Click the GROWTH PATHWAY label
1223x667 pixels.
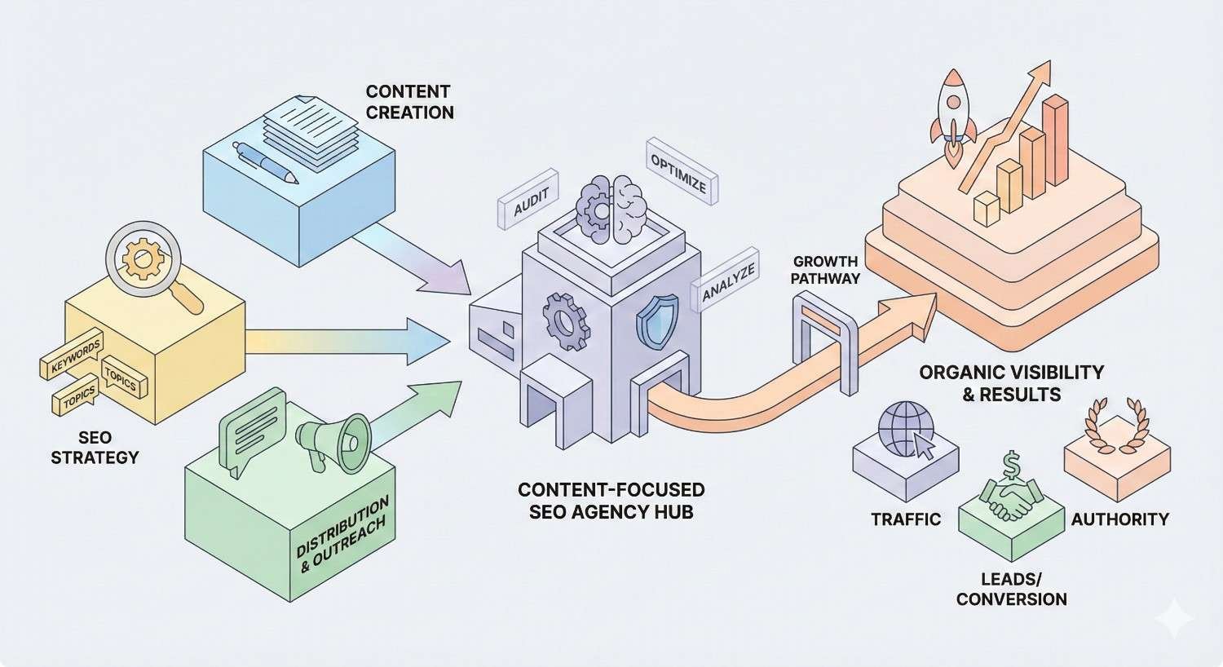pyautogui.click(x=826, y=269)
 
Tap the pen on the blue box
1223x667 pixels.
pyautogui.click(x=265, y=163)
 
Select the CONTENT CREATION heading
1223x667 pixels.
pyautogui.click(x=408, y=102)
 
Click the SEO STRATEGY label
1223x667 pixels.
pyautogui.click(x=95, y=447)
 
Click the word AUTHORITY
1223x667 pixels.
pyautogui.click(x=1119, y=519)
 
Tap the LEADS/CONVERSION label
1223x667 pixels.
pyautogui.click(x=1011, y=589)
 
